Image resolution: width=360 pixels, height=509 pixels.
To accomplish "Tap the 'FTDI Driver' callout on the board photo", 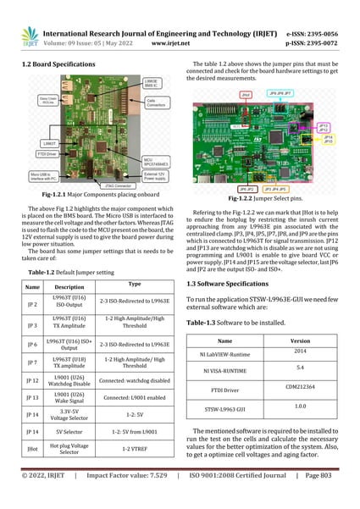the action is point(47,154).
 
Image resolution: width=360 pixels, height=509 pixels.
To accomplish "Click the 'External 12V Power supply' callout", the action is point(158,175).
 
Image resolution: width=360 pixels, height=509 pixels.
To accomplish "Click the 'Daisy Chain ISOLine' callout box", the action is point(47,100).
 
